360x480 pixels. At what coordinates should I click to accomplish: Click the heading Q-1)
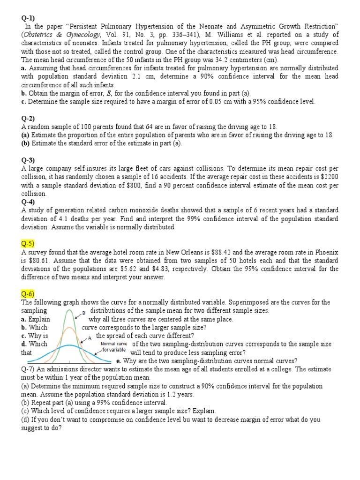pos(29,18)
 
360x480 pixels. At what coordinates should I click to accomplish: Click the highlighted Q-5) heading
pos(29,243)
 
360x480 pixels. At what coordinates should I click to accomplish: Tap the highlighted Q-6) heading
pos(29,294)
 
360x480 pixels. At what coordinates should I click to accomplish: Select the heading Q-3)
pos(29,160)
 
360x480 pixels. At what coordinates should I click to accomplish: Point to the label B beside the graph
pos(83,312)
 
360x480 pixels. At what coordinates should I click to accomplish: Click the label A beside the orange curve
pos(89,337)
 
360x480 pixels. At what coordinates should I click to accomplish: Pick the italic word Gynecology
pos(78,35)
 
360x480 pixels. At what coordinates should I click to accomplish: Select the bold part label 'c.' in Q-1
pos(23,101)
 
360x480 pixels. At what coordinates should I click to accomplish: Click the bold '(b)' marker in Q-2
pos(26,143)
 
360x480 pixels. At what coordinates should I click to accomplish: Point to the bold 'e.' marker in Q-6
pos(119,360)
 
